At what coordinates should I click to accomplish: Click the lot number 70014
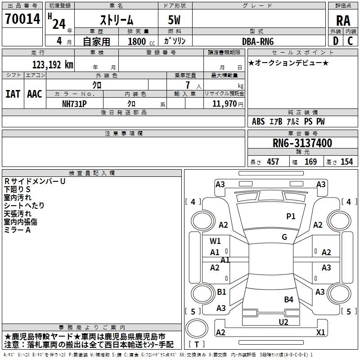(22, 19)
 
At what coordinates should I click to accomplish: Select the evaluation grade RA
(343, 21)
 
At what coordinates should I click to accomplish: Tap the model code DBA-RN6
(258, 41)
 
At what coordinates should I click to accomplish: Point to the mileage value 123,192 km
(53, 65)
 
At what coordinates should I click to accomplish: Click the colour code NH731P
(74, 104)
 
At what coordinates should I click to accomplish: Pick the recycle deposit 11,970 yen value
(228, 104)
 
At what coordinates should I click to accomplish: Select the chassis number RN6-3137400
(302, 143)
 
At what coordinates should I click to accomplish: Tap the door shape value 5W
(174, 20)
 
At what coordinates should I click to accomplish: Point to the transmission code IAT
(13, 94)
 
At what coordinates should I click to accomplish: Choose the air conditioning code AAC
(35, 94)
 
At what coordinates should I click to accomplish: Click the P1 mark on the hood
(291, 216)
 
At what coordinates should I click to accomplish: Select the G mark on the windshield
(284, 237)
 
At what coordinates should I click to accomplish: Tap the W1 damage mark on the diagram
(215, 241)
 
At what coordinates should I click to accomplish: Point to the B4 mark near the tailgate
(288, 299)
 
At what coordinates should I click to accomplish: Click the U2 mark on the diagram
(283, 322)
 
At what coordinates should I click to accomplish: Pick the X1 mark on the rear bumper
(321, 332)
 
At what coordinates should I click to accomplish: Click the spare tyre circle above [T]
(197, 328)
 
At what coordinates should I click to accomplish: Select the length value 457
(273, 162)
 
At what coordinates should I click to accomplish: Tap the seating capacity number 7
(188, 85)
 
